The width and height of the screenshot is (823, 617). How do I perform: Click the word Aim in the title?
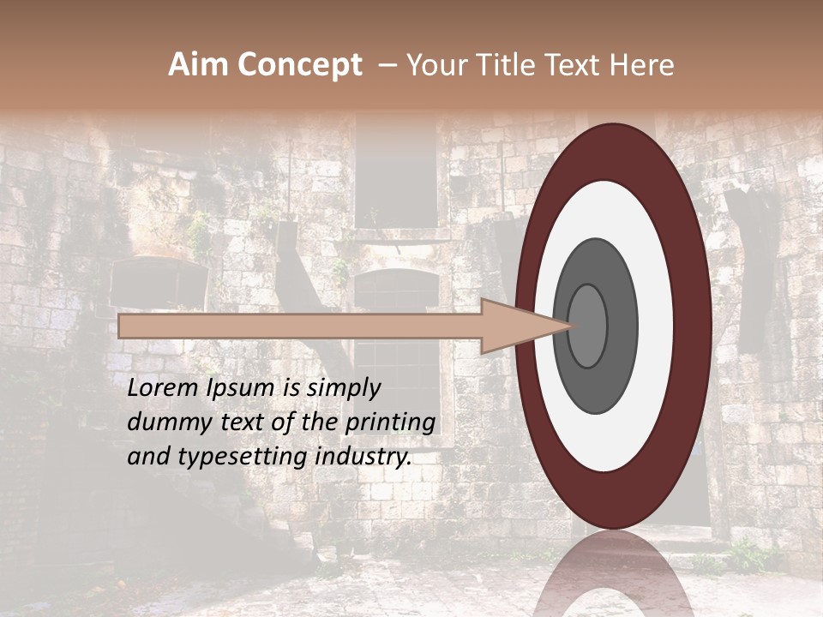(x=198, y=65)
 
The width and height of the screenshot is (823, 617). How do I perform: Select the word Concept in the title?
(x=299, y=65)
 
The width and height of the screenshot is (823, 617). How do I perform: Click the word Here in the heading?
(x=643, y=65)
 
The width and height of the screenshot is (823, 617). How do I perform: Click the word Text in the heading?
(x=577, y=65)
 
